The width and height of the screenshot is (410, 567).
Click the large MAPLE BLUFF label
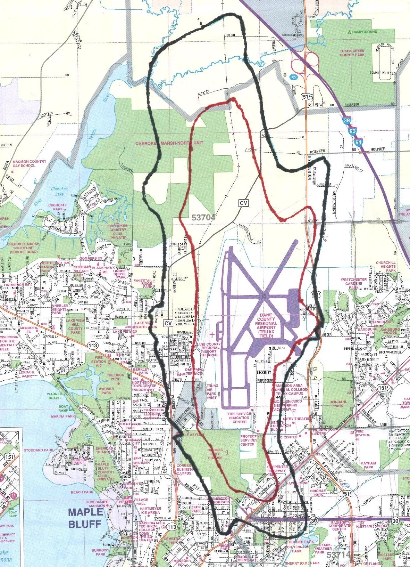tap(86, 518)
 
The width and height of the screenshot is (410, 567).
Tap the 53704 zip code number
tap(203, 218)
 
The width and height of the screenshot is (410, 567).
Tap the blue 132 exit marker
tap(294, 77)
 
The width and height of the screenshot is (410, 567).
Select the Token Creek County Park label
tap(352, 53)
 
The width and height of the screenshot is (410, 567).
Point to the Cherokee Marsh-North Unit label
tap(165, 143)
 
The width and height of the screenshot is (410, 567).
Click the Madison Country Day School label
tap(29, 163)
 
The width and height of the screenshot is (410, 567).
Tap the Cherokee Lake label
tap(59, 191)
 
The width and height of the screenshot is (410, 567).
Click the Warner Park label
tap(106, 391)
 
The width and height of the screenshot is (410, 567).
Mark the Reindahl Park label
tap(338, 404)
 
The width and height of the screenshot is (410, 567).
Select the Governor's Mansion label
tap(98, 504)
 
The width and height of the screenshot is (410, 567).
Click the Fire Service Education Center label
tap(239, 418)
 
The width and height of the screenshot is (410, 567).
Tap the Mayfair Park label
tap(368, 465)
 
